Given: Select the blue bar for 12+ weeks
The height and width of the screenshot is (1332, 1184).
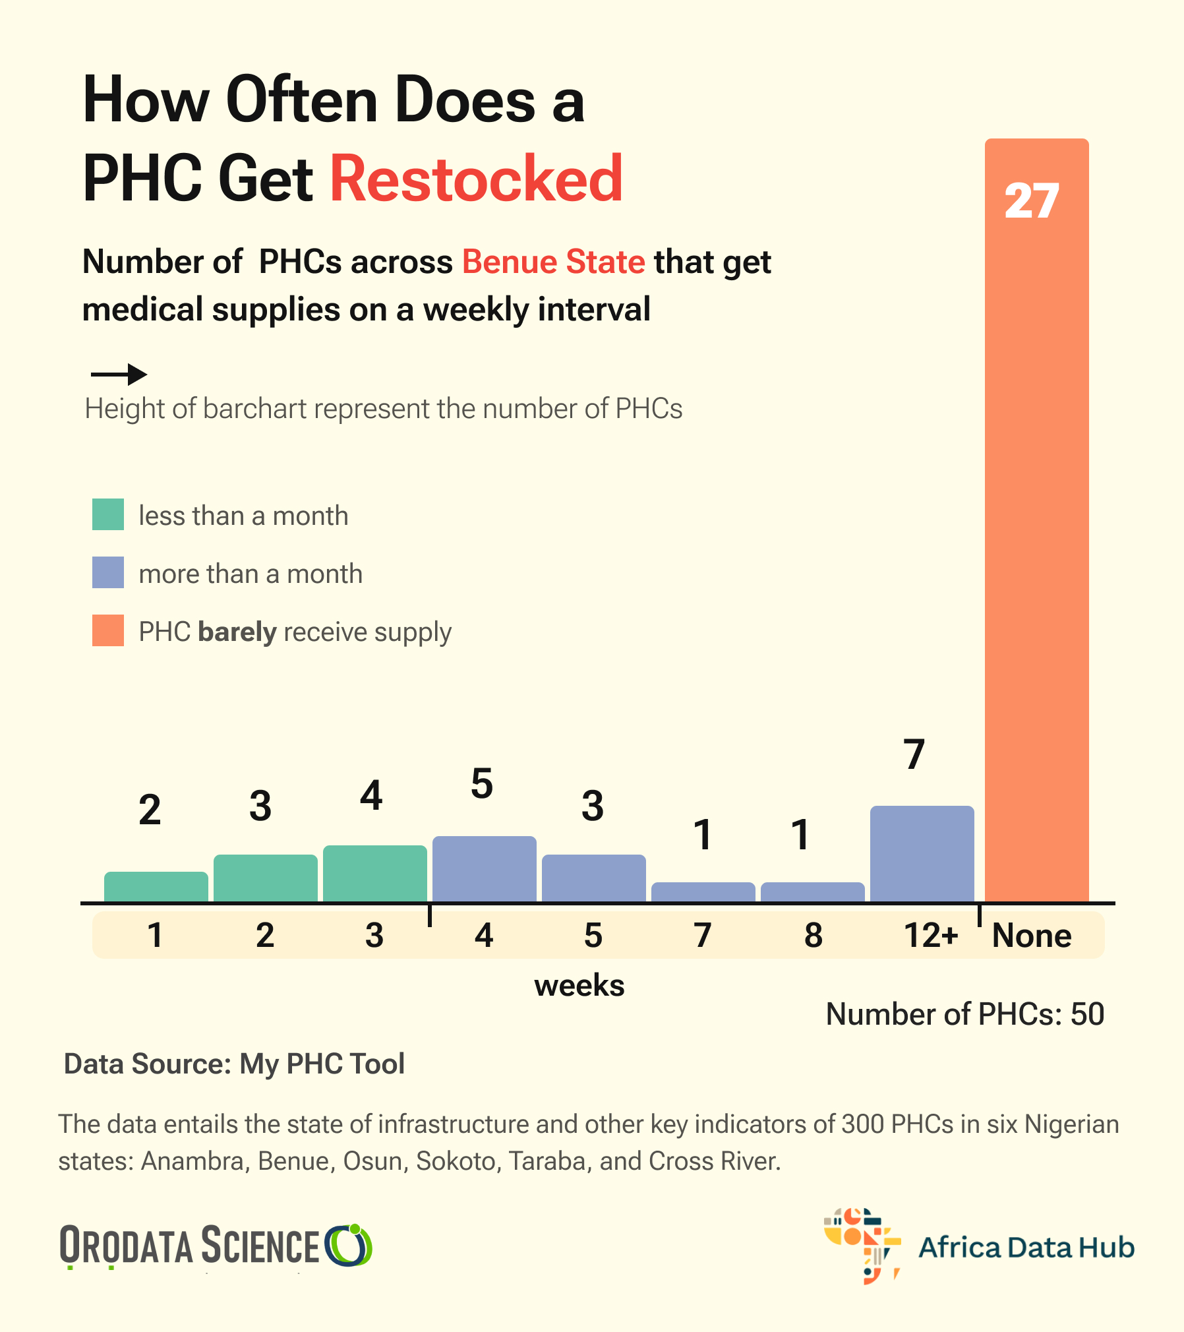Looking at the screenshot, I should (922, 853).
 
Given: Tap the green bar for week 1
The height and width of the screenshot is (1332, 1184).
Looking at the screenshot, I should (156, 886).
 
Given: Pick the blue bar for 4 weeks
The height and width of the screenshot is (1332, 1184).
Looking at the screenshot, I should (485, 868).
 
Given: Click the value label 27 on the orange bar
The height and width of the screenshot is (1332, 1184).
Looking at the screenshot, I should (1032, 200).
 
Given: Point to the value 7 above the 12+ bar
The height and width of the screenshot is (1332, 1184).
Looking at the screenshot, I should (914, 754).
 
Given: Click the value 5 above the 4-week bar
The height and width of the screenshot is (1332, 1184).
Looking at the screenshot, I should (482, 784).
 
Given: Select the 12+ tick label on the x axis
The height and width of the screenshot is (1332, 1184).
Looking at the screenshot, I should (930, 935).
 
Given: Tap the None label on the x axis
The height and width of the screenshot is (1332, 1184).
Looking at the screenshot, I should (1032, 935).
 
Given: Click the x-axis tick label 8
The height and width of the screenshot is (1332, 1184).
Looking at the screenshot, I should (814, 935).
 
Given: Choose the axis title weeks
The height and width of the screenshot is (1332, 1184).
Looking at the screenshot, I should (579, 986).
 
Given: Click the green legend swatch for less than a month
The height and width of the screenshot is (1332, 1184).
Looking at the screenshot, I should (108, 514).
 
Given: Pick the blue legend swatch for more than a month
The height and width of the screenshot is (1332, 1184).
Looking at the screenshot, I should (108, 572).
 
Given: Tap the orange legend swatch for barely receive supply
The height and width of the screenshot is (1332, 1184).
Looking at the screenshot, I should (108, 630).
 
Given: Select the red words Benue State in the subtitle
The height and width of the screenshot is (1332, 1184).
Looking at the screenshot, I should (553, 262).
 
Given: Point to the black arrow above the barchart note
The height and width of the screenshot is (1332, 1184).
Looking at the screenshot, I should (119, 375).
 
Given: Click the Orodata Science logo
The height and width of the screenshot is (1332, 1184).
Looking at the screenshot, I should (216, 1246).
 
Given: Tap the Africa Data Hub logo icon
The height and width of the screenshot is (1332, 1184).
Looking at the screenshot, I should (862, 1245).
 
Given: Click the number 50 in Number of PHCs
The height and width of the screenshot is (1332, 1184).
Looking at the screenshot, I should (1087, 1014).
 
